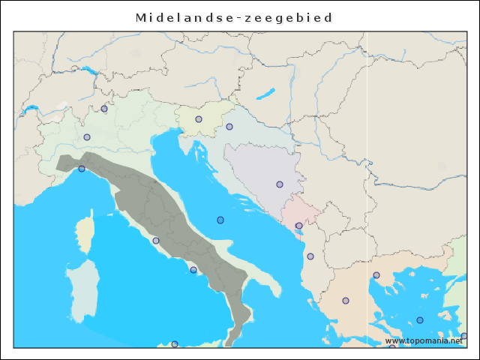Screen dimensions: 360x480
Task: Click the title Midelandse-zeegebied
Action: tap(234, 17)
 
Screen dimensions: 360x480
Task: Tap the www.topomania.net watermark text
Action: tap(424, 340)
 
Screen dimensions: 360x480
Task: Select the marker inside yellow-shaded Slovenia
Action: tap(199, 119)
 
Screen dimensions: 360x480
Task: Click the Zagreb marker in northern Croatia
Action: tap(229, 127)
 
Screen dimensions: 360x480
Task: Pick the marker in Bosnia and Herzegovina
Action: tap(280, 184)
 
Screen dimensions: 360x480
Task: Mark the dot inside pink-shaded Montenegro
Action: tap(298, 226)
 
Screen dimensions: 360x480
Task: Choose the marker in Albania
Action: tap(310, 256)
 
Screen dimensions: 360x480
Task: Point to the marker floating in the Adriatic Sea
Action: tap(220, 220)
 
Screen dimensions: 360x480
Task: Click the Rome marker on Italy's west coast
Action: tap(156, 241)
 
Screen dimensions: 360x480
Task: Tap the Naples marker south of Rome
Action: tap(193, 270)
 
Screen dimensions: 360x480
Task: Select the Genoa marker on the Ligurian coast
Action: tap(82, 169)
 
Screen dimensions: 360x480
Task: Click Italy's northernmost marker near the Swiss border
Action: tap(104, 109)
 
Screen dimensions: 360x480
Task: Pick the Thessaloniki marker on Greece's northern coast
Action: tap(376, 275)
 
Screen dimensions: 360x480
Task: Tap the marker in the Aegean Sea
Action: tap(420, 320)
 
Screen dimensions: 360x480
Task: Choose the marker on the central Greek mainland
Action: tap(346, 301)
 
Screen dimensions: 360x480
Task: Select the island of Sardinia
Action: tap(82, 289)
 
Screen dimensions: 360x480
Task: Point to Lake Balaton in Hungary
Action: tap(265, 95)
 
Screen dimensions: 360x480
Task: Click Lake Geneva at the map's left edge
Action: tap(31, 109)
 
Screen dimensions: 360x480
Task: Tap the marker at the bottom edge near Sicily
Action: tap(175, 344)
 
